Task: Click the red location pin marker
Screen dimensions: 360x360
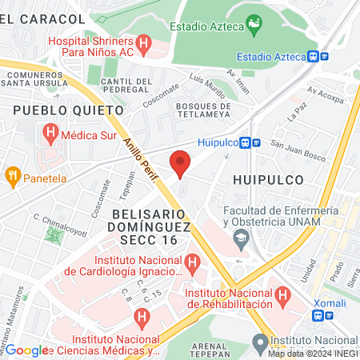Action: [x=181, y=164]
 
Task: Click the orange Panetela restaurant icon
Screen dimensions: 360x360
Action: [x=13, y=175]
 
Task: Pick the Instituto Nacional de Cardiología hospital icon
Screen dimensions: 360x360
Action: [x=192, y=262]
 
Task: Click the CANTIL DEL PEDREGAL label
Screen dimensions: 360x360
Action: [x=127, y=86]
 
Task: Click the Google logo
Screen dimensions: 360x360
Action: [x=27, y=350]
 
